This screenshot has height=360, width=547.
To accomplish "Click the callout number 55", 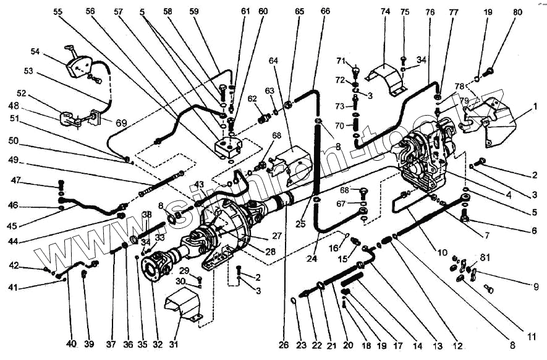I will tap(58, 12).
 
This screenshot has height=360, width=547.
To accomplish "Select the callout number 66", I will tap(326, 12).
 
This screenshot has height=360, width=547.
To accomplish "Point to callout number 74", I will tap(386, 12).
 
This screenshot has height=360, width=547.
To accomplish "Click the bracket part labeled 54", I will tap(81, 66).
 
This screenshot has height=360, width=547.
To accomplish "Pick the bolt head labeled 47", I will tap(61, 184).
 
